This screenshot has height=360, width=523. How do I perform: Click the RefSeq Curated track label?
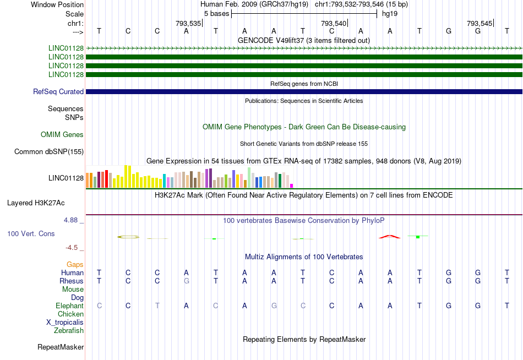pyautogui.click(x=58, y=92)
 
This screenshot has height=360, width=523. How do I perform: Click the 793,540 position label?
pyautogui.click(x=334, y=24)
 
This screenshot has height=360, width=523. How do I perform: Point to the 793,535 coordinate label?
pyautogui.click(x=188, y=24)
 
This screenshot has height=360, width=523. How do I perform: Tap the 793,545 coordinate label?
pyautogui.click(x=479, y=24)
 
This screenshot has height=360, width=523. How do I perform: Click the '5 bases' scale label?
pyautogui.click(x=216, y=13)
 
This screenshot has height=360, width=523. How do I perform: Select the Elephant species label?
pyautogui.click(x=69, y=306)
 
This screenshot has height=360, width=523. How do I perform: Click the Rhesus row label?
pyautogui.click(x=71, y=281)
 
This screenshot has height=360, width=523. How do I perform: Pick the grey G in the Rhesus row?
pyautogui.click(x=187, y=281)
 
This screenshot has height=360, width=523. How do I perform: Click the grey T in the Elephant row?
pyautogui.click(x=157, y=306)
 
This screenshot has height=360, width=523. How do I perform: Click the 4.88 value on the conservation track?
pyautogui.click(x=73, y=221)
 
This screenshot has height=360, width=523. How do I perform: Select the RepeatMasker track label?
pyautogui.click(x=61, y=347)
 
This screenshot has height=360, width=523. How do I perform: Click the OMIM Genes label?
pyautogui.click(x=62, y=135)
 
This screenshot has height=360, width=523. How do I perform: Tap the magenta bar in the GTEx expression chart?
pyautogui.click(x=292, y=186)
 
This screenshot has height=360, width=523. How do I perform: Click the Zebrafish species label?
pyautogui.click(x=69, y=331)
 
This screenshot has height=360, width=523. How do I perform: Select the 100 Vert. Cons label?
pyautogui.click(x=31, y=234)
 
